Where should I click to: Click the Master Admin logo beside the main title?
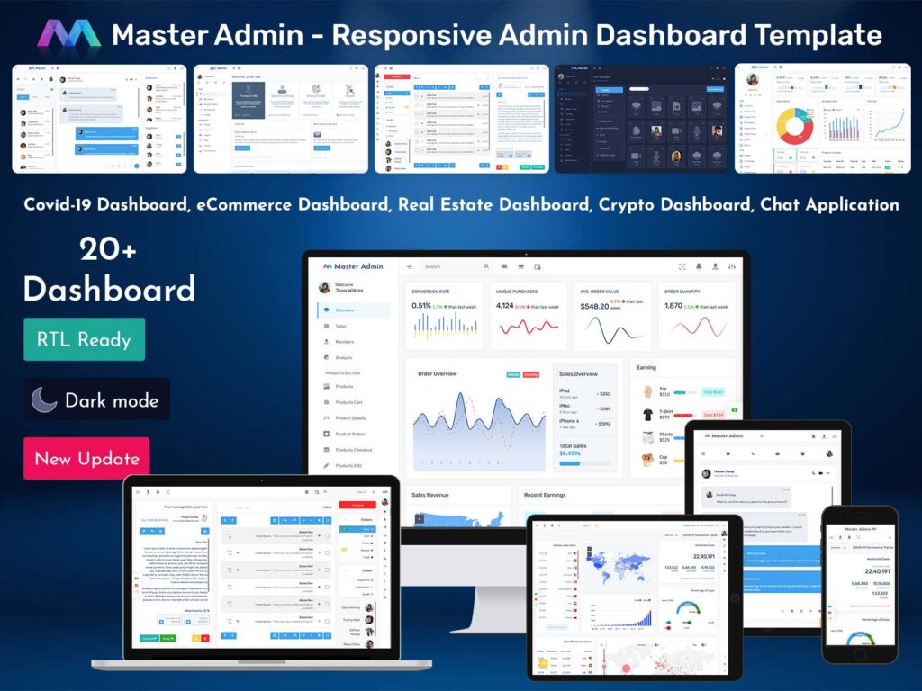68,34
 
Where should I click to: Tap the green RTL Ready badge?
84,339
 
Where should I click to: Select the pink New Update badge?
86,458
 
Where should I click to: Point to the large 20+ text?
108,250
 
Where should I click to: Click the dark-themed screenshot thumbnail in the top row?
640,118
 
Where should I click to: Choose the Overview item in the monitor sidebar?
345,310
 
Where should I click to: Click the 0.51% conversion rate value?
421,306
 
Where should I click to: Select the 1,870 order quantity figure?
673,306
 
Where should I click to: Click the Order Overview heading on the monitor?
438,373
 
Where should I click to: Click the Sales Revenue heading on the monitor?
430,495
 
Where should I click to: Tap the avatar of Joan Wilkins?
324,287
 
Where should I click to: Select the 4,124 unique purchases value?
505,306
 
